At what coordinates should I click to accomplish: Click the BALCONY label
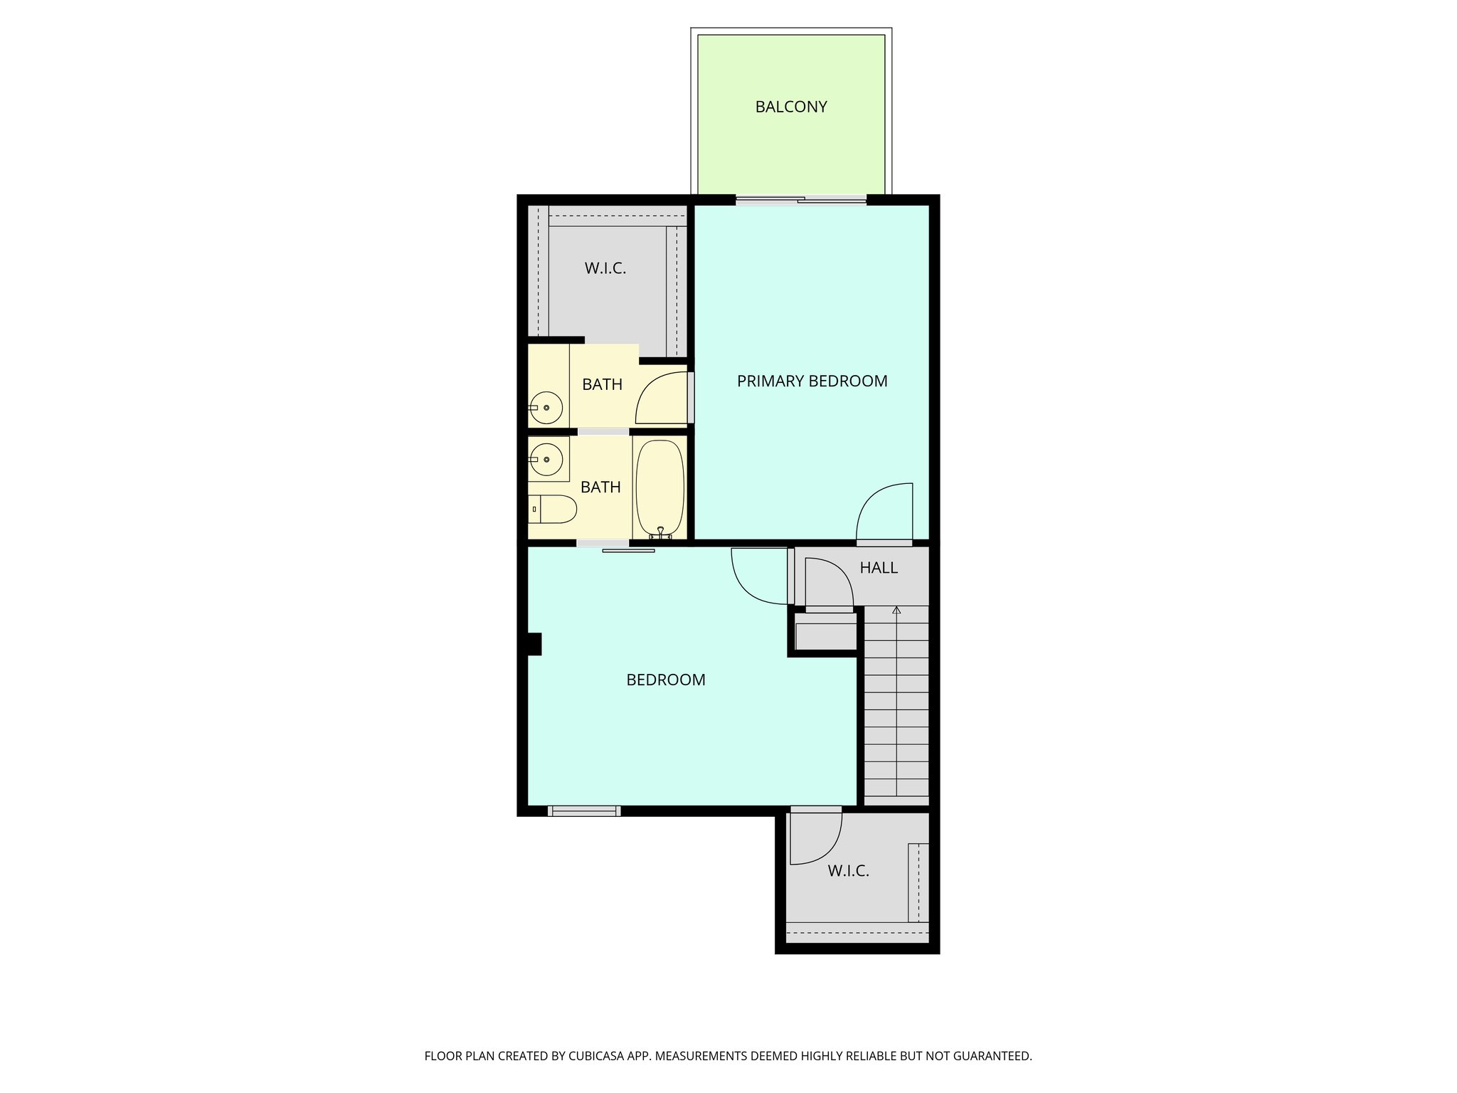pos(790,107)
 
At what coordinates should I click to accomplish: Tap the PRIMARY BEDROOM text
pos(812,381)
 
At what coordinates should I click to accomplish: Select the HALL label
pos(878,567)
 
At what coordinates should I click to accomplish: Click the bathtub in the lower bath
pos(659,487)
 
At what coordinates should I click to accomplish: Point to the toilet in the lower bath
pos(555,509)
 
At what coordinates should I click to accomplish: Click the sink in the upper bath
pos(546,408)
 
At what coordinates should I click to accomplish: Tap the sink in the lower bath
pos(546,460)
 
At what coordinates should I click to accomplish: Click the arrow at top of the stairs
pos(896,611)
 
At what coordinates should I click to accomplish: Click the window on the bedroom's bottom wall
pos(584,810)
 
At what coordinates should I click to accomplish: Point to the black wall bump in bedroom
pos(534,644)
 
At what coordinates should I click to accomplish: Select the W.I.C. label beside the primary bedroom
pos(605,268)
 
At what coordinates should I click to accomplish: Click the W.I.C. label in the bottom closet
pos(848,870)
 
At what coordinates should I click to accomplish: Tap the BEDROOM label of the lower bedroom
pos(665,680)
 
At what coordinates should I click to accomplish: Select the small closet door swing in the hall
pos(830,582)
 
